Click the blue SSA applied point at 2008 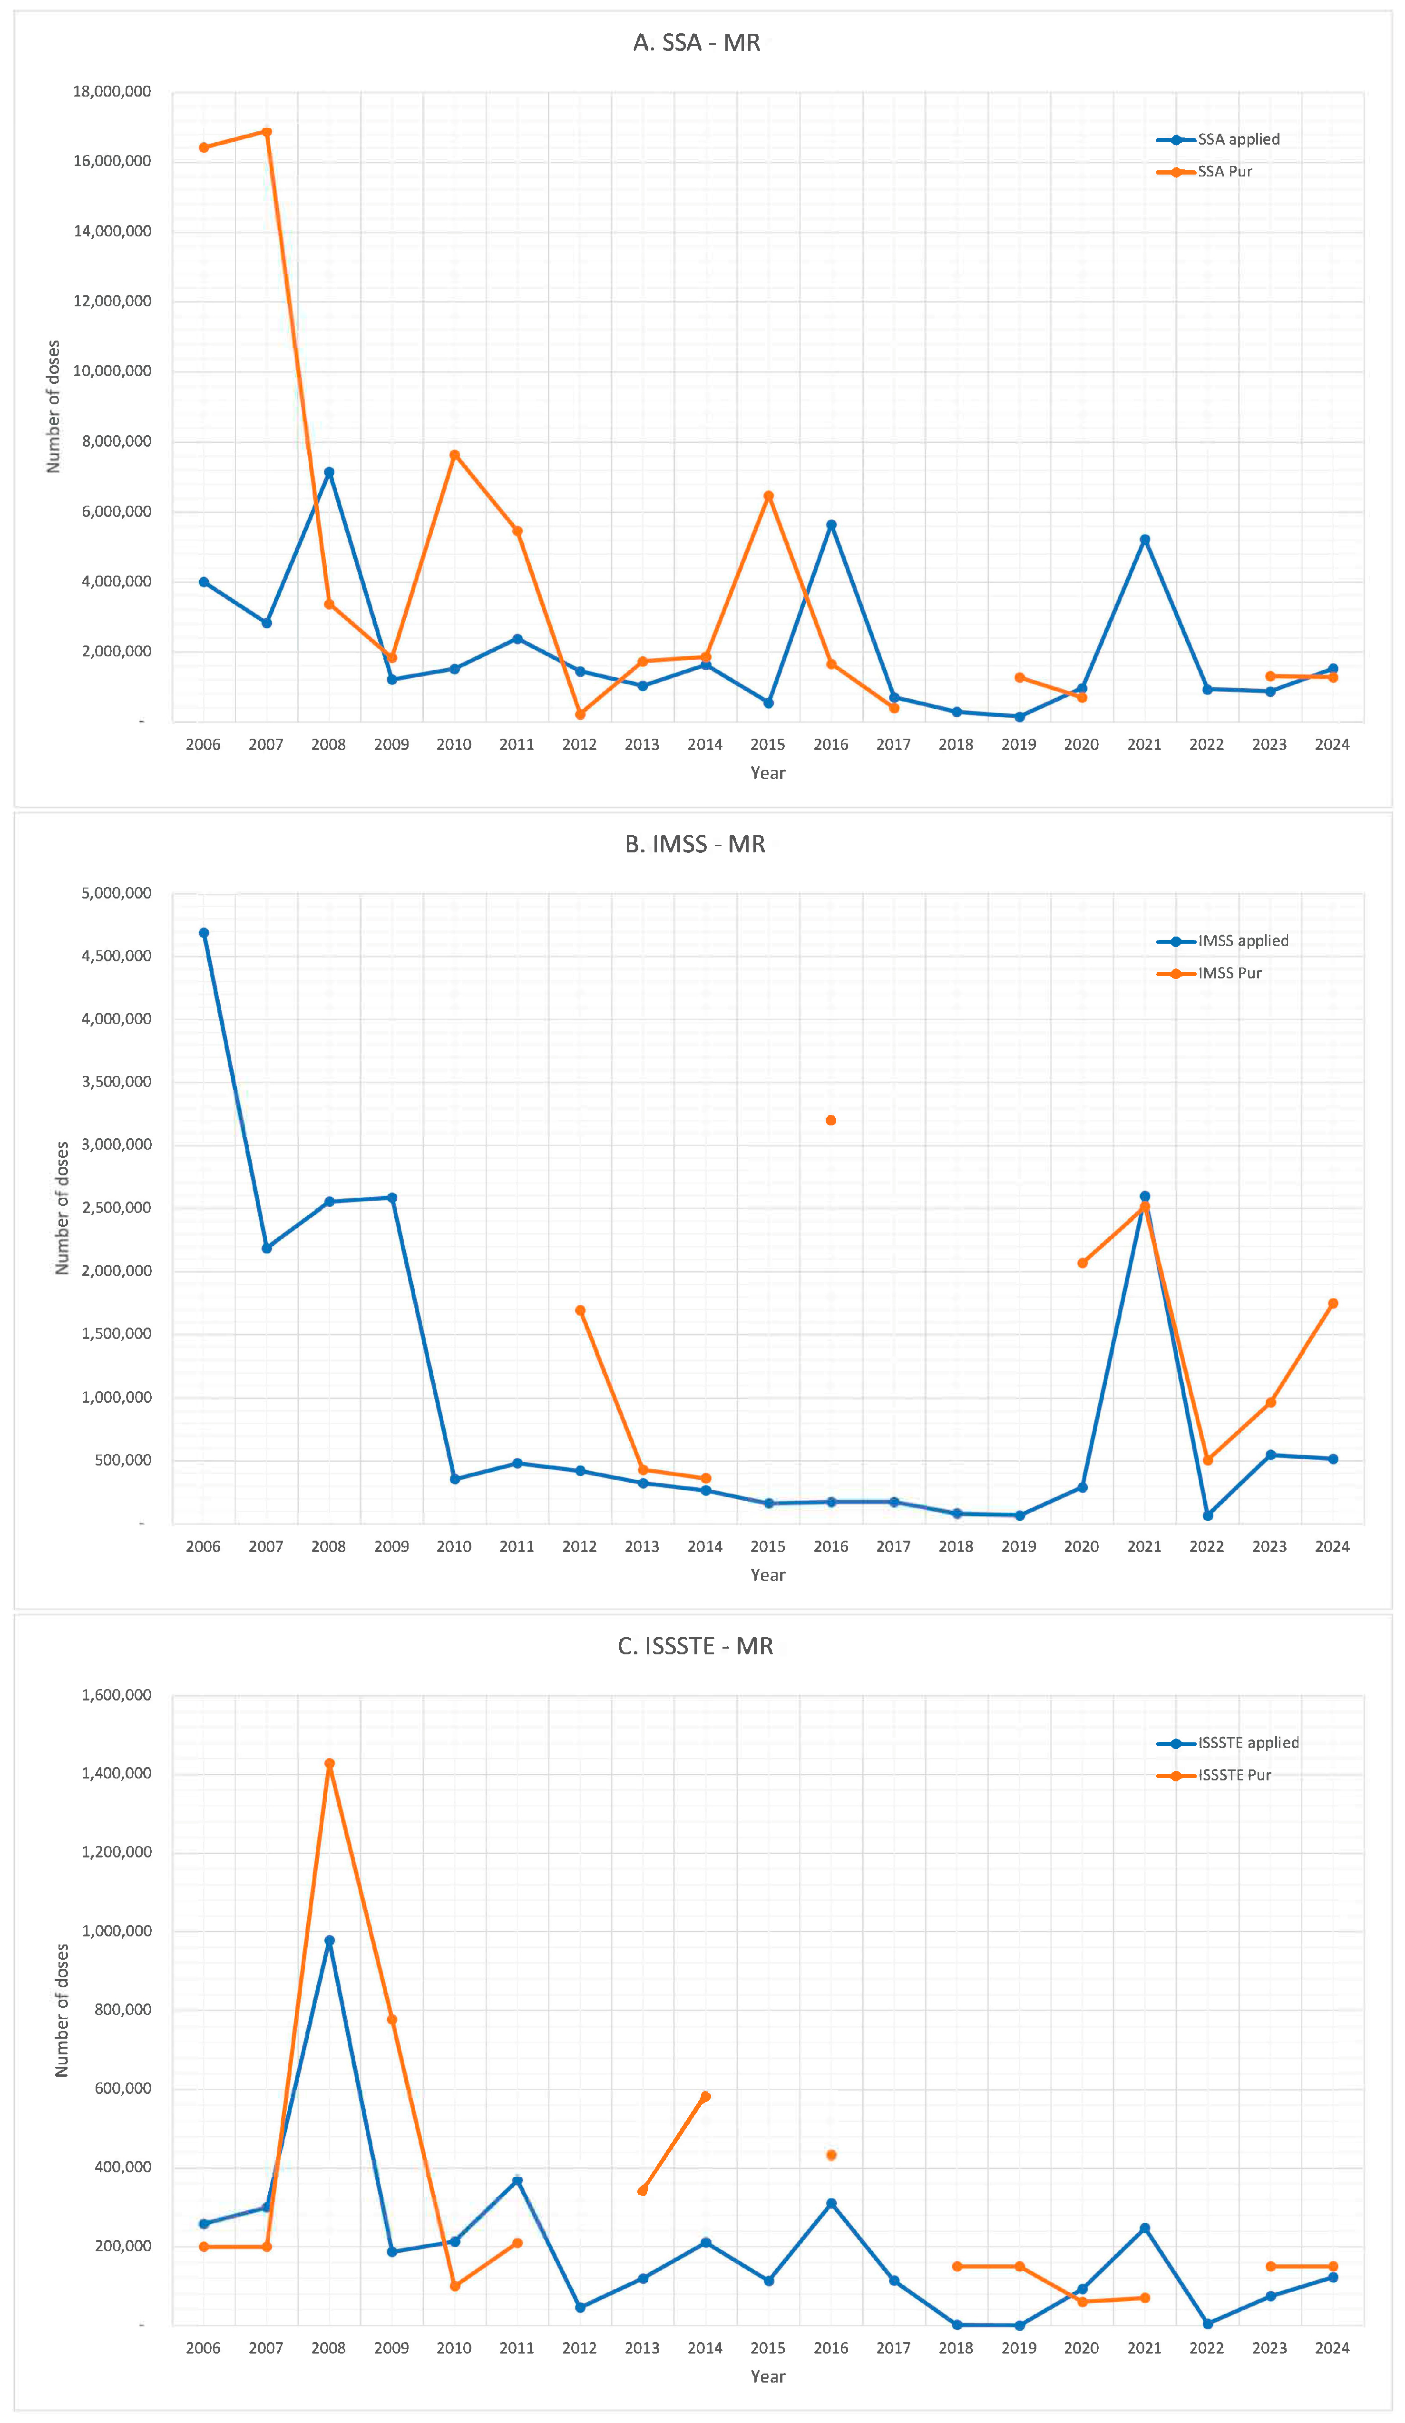[x=329, y=472]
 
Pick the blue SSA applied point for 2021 [x=1144, y=539]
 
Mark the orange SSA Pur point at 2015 [x=769, y=496]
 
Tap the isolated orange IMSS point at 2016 [x=831, y=1120]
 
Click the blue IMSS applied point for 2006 [x=204, y=933]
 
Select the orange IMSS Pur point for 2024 [x=1333, y=1304]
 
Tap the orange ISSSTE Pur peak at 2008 [x=329, y=1763]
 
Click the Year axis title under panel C [x=767, y=2376]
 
